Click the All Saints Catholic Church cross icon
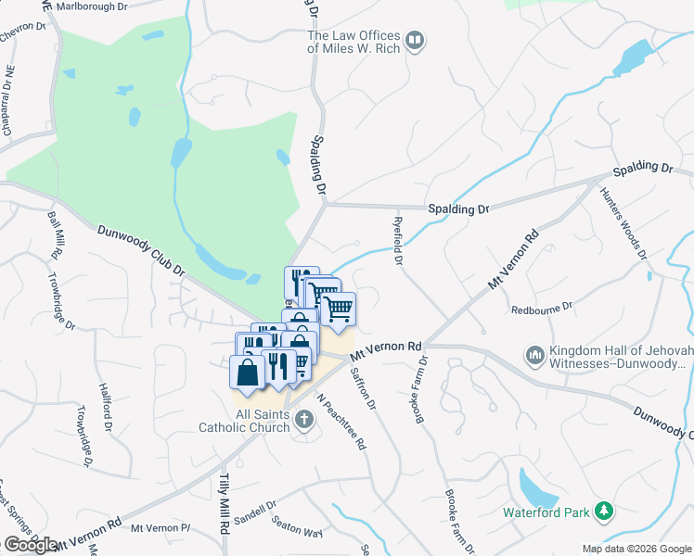(302, 422)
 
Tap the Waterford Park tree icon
(604, 511)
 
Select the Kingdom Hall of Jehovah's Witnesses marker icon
(534, 355)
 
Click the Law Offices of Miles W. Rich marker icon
(415, 41)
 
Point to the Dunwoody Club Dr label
(141, 250)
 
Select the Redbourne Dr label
(542, 306)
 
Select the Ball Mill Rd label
(55, 234)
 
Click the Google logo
(31, 545)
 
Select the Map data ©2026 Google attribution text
(636, 549)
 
